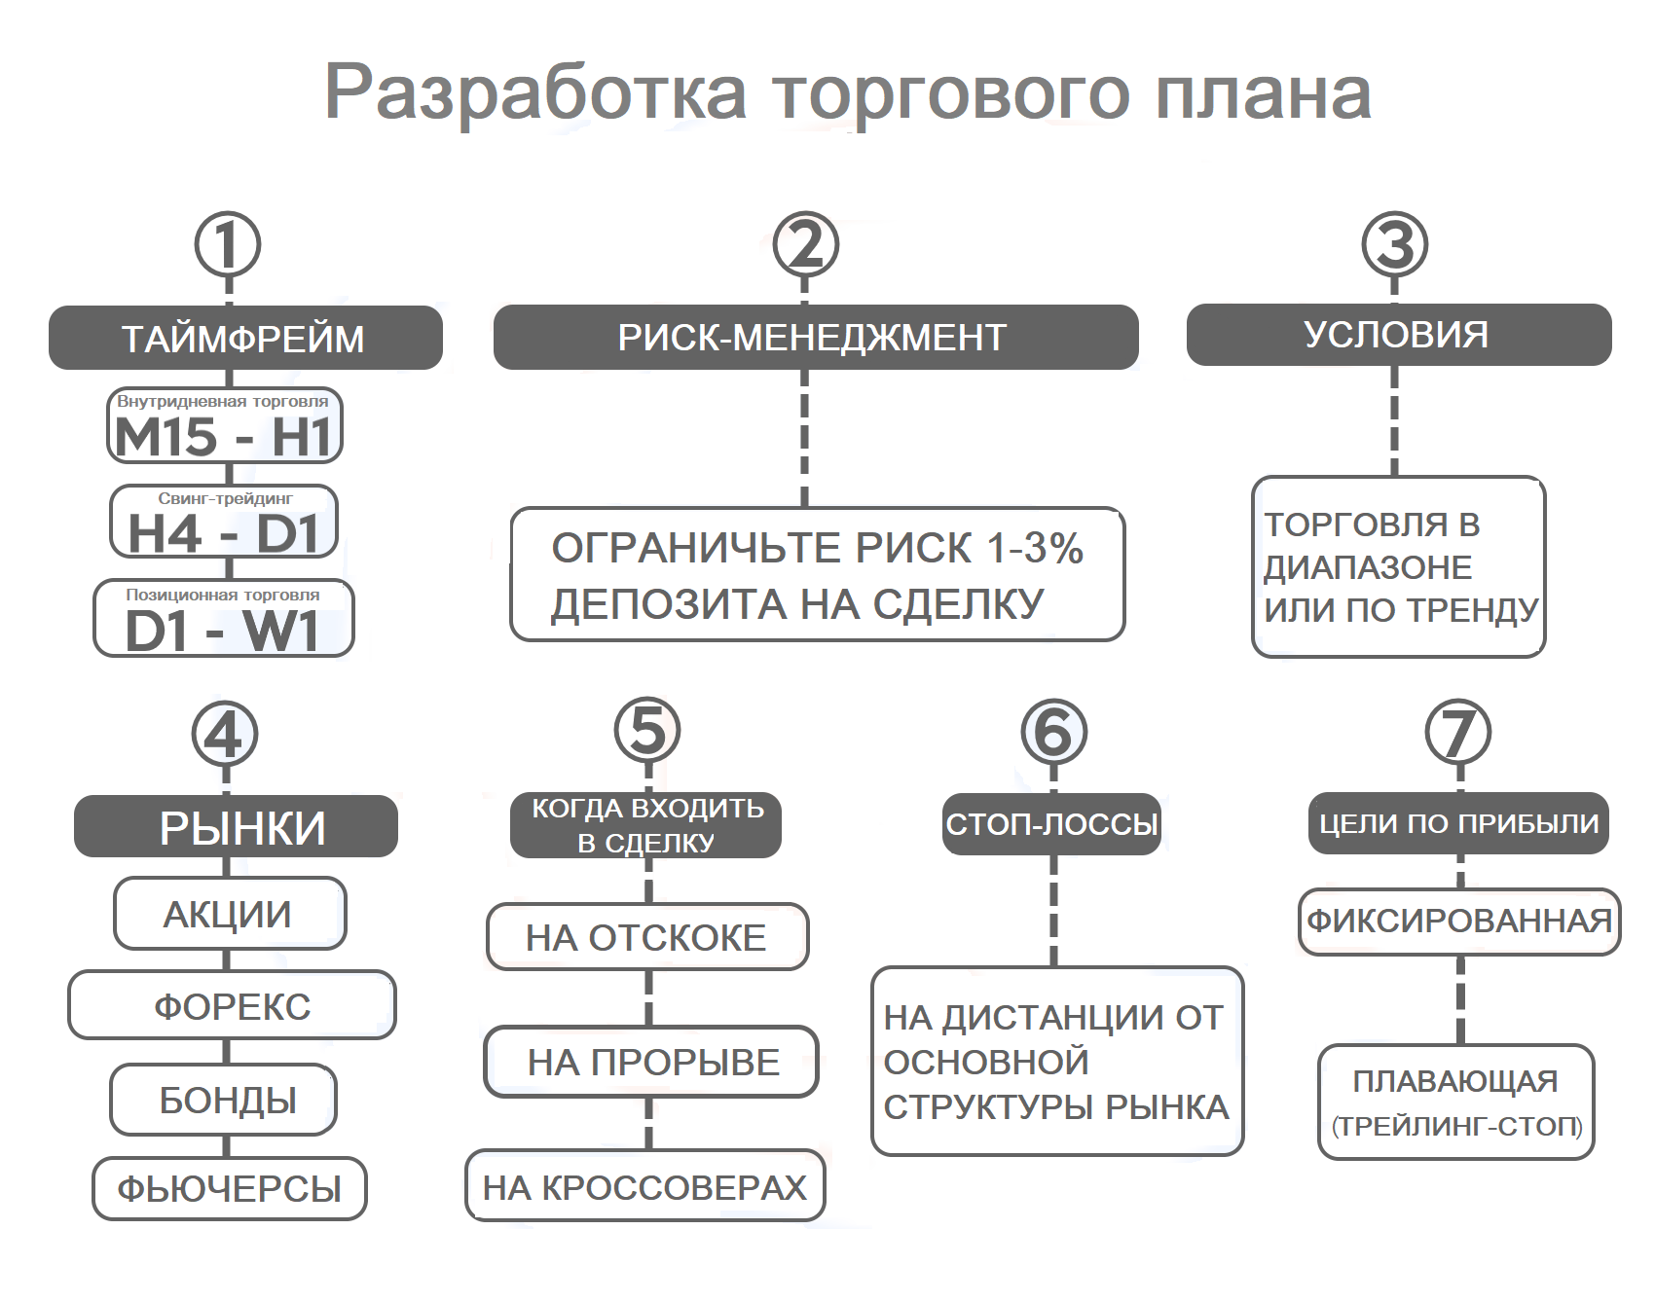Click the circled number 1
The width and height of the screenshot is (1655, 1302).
(228, 244)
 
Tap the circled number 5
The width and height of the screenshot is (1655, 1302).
(647, 730)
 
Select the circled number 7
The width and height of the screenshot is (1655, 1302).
(1457, 733)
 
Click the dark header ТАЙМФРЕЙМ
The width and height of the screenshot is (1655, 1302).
(245, 338)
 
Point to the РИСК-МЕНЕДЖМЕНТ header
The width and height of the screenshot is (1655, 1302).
(815, 337)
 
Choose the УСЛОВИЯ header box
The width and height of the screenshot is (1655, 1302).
(1398, 335)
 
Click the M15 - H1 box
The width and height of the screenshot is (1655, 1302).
(224, 426)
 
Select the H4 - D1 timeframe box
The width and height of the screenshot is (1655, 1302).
(224, 523)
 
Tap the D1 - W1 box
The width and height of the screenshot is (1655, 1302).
(224, 619)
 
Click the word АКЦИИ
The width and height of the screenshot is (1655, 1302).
(228, 915)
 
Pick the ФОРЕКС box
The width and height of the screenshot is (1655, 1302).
(232, 1005)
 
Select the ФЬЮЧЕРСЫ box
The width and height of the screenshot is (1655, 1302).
(230, 1188)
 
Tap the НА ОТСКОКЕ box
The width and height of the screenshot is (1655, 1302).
(646, 937)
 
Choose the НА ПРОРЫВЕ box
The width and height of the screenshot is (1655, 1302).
(652, 1062)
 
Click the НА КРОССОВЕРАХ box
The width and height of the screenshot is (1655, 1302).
(644, 1186)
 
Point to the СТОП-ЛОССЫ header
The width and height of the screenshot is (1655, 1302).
(1051, 824)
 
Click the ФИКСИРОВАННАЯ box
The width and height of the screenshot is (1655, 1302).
(1458, 921)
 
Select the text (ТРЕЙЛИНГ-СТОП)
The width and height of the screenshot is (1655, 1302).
(1456, 1126)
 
